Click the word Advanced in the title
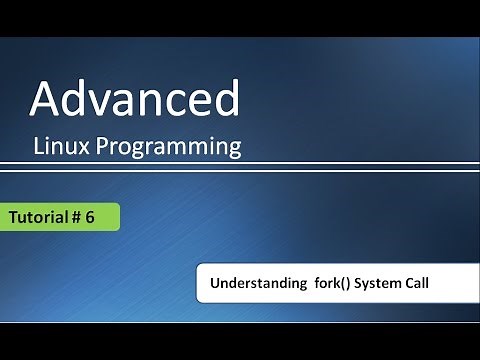(x=134, y=99)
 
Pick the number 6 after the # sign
(x=103, y=217)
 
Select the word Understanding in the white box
(x=251, y=284)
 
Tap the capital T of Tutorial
(x=13, y=217)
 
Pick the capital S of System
(x=356, y=284)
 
